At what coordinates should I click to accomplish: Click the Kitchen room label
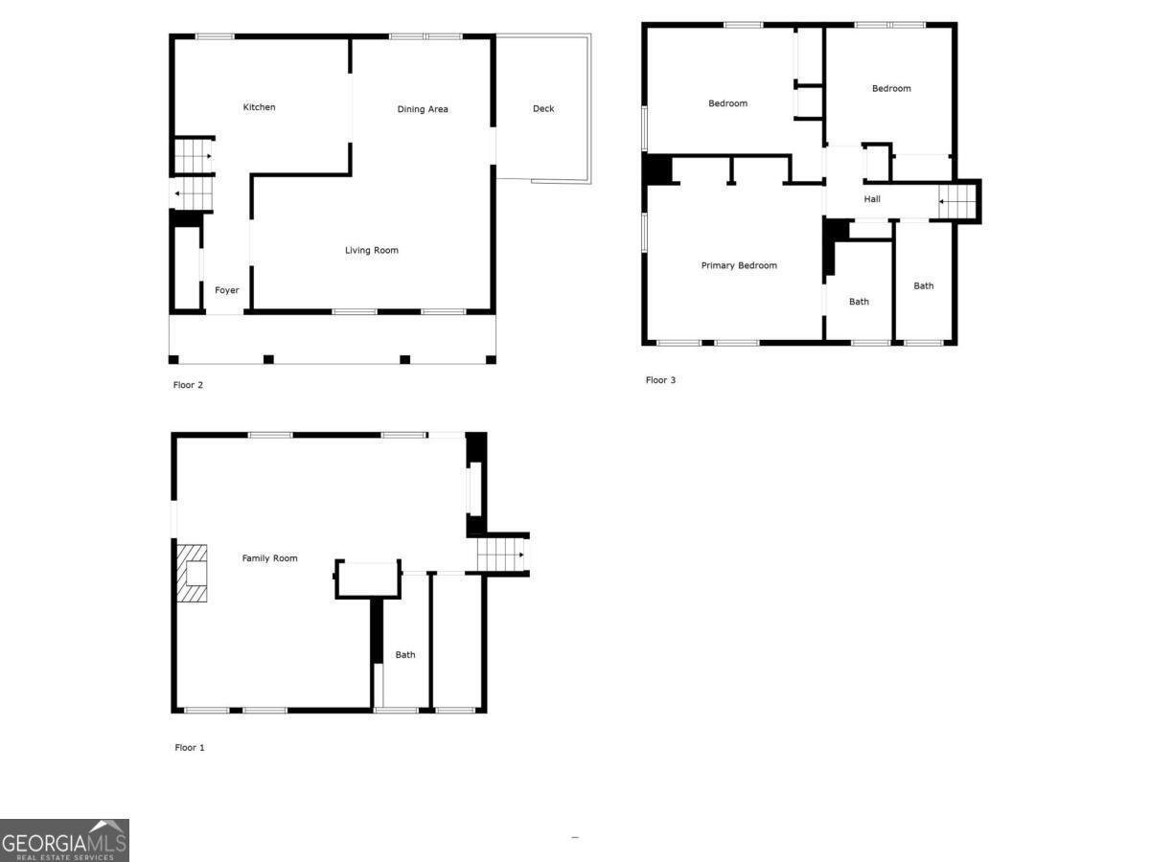259,107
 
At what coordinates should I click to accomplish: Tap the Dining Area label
423,109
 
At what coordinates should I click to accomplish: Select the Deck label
543,108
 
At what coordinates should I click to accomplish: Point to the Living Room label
372,251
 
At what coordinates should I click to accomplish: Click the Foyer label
226,290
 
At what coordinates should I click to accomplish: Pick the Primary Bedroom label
739,265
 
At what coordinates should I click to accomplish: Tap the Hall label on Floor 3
872,199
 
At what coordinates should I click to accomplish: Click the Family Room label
269,558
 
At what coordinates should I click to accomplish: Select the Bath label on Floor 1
405,655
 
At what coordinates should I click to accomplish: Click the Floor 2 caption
188,385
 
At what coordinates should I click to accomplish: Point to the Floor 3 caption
660,380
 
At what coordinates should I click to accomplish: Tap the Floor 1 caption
190,748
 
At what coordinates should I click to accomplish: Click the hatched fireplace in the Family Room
192,573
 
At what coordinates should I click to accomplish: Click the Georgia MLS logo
64,841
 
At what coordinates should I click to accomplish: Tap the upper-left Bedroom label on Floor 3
727,103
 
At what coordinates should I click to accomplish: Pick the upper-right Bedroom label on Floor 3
891,88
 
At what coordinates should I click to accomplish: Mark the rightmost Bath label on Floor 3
923,285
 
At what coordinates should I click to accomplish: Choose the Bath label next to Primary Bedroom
859,302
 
